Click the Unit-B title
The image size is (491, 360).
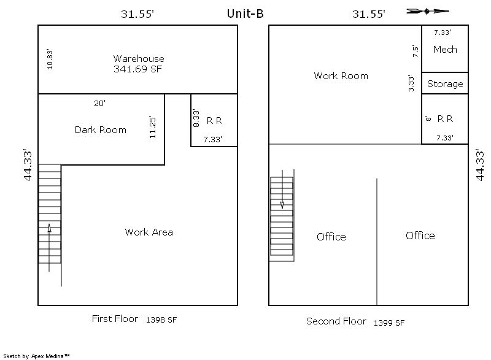tap(245, 13)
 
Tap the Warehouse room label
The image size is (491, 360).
tap(139, 58)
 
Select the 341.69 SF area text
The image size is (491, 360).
tap(137, 69)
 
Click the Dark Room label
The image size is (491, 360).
tap(101, 129)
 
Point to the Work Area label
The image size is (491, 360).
tap(149, 232)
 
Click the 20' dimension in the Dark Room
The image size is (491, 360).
tap(99, 103)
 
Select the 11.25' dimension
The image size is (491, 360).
tap(152, 127)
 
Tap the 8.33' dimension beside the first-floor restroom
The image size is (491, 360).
tap(196, 118)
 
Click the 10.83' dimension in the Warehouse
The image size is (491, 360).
tap(50, 59)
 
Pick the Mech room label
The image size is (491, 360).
tap(445, 50)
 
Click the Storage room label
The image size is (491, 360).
tap(445, 84)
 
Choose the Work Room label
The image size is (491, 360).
tap(341, 75)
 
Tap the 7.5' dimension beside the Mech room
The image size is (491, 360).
tap(416, 52)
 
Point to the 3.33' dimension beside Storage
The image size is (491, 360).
tap(411, 83)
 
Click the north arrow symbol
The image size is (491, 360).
tap(427, 12)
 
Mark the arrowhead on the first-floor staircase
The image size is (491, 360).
tap(49, 228)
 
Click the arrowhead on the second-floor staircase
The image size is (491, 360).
tap(282, 205)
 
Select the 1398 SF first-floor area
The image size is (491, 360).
tap(161, 320)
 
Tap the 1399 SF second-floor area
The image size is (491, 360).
tap(389, 323)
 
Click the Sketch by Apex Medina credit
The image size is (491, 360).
tap(36, 356)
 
